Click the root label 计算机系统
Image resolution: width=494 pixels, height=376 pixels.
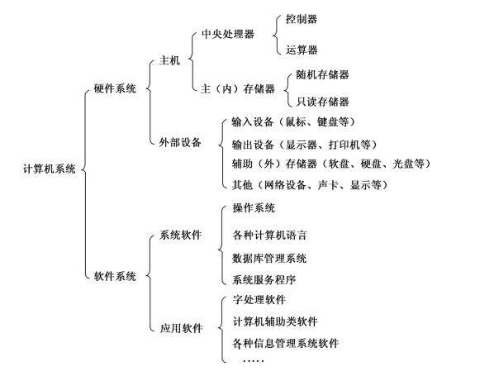50,169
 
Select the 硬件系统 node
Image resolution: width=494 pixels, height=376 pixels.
115,88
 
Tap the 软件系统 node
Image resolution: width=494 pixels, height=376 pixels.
115,276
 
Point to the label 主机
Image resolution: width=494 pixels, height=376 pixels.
169,60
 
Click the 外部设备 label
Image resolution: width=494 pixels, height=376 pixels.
180,142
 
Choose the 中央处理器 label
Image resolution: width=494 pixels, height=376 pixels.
228,34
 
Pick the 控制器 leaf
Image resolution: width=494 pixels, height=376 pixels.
302,19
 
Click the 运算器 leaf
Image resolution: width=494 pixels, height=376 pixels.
302,50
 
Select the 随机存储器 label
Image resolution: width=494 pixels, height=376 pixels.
323,74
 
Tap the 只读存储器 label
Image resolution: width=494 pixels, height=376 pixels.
323,102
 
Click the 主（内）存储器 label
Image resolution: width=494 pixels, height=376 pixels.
238,88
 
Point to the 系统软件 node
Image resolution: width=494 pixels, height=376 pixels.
180,235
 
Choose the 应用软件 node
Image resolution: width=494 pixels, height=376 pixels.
181,328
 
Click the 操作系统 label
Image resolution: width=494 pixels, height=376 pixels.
254,207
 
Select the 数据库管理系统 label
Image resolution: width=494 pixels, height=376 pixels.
269,259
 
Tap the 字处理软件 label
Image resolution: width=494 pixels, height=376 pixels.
259,299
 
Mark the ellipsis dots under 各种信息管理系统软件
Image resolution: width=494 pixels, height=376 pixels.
252,360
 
